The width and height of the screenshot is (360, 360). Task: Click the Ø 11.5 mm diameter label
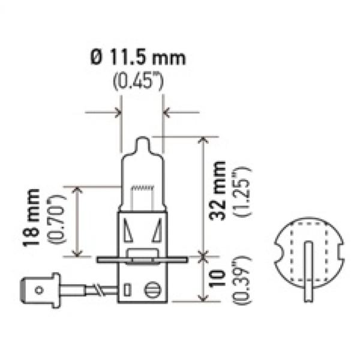coord(138,58)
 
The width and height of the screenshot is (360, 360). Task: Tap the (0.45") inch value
coord(138,80)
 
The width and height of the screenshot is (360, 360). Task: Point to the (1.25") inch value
coord(242,191)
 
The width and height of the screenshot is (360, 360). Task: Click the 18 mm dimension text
coord(31,218)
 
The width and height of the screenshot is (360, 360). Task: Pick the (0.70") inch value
coord(56,219)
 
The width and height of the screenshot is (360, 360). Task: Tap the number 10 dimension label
coord(217,278)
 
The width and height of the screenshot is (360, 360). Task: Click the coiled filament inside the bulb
coord(142,188)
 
